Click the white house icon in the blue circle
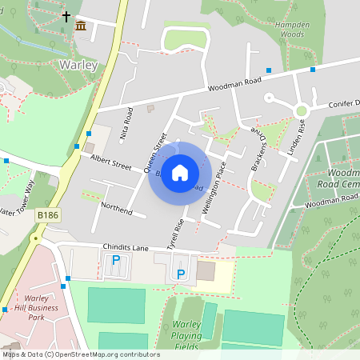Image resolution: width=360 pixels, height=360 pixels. [x=180, y=173]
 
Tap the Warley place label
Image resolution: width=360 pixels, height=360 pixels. [x=78, y=64]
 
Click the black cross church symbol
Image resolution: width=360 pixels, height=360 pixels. [x=66, y=15]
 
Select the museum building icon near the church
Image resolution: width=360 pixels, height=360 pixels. [x=81, y=27]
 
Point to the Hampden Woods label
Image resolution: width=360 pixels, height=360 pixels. [x=290, y=30]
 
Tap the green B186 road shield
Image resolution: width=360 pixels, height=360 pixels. [x=48, y=214]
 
